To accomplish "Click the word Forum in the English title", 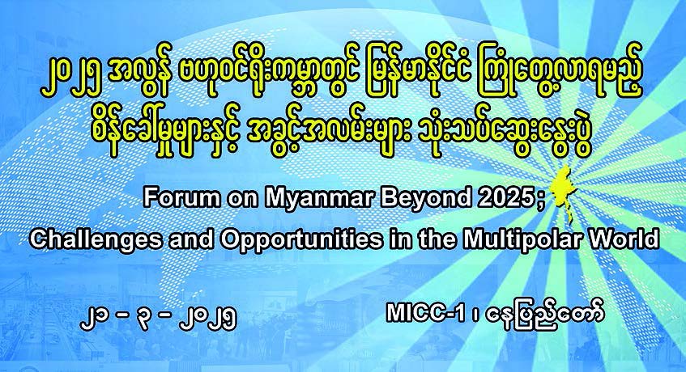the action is click(x=181, y=198).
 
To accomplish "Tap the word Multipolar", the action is click(x=523, y=239).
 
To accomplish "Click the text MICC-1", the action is click(x=425, y=314).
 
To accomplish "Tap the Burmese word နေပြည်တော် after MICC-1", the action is click(x=546, y=314).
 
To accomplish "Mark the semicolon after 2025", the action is click(x=539, y=201).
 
